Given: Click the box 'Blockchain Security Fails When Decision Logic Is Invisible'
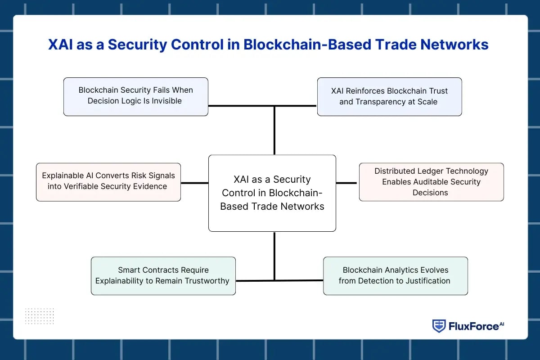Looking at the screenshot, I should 135,96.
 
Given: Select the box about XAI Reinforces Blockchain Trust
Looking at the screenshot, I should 389,96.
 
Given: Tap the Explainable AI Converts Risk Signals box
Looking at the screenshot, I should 108,182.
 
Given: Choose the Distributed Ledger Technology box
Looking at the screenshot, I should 431,182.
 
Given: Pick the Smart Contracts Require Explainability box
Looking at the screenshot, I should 163,275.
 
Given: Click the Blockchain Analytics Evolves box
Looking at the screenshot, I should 395,275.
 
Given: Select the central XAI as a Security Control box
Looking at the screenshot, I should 272,193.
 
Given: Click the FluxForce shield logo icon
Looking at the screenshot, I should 439,326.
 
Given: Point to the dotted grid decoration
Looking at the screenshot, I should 39,316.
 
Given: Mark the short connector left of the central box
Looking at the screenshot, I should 194,183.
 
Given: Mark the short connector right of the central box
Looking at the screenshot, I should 346,183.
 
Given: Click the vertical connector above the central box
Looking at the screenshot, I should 274,130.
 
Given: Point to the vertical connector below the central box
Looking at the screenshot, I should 274,256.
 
